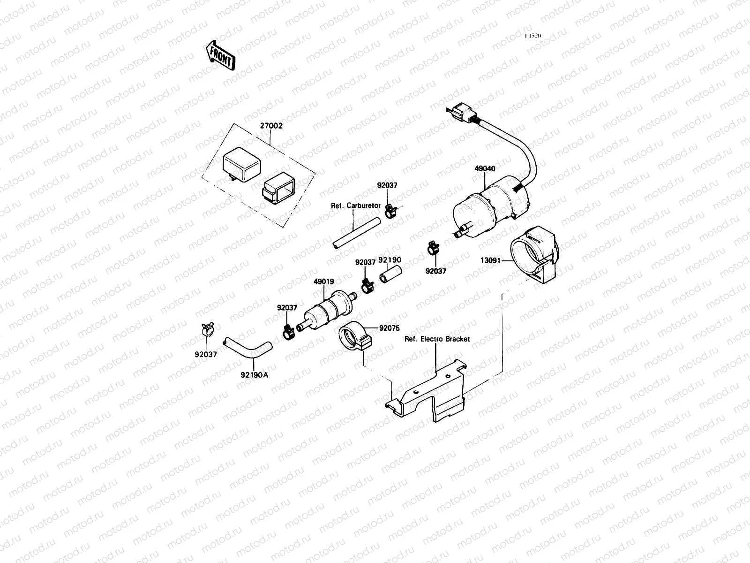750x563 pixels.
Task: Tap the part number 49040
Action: tap(485, 168)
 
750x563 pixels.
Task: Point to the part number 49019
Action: tap(324, 282)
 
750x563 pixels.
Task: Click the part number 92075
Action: tap(390, 328)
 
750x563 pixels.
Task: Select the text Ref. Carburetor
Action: tap(356, 205)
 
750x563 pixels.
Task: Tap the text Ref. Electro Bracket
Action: tap(437, 339)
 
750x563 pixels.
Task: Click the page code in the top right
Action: tap(533, 36)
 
